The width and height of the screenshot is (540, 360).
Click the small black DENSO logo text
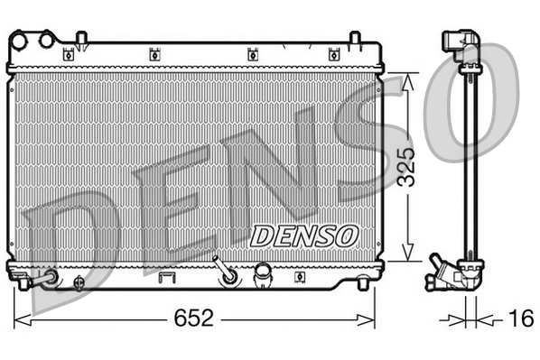(x=303, y=235)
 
